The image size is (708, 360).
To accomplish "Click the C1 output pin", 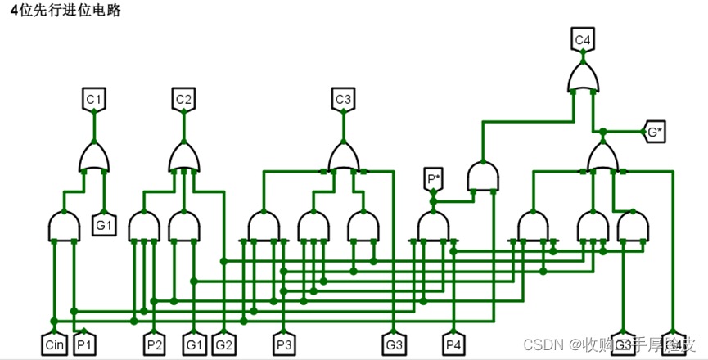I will click(94, 100).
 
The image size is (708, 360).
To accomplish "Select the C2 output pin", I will click(183, 100).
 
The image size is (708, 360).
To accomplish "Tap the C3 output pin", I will click(343, 100).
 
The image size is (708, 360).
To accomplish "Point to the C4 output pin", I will click(583, 39).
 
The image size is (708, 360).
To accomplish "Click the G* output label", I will click(655, 132).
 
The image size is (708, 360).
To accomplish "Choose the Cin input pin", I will click(55, 344).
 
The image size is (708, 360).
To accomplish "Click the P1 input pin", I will click(84, 344).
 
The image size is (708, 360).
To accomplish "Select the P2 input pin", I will click(155, 344).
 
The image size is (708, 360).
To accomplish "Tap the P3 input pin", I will click(283, 344).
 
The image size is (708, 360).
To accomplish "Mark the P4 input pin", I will click(453, 344).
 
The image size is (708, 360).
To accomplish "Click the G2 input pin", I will click(223, 344).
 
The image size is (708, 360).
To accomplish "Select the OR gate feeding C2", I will click(184, 157).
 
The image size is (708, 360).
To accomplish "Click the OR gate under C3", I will click(344, 157).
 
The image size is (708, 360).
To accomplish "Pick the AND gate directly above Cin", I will click(64, 227).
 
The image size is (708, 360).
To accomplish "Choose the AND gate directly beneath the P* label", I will click(433, 226).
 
